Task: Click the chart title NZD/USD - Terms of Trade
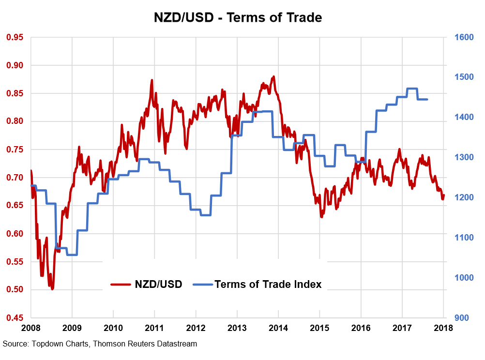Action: pyautogui.click(x=238, y=18)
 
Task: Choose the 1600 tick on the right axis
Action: pyautogui.click(x=463, y=37)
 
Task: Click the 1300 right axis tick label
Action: pyautogui.click(x=463, y=157)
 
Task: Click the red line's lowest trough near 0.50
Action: pyautogui.click(x=52, y=289)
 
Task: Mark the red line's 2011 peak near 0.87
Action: pyautogui.click(x=152, y=80)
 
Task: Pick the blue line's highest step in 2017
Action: pyautogui.click(x=412, y=89)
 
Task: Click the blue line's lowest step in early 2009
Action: pyautogui.click(x=72, y=255)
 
